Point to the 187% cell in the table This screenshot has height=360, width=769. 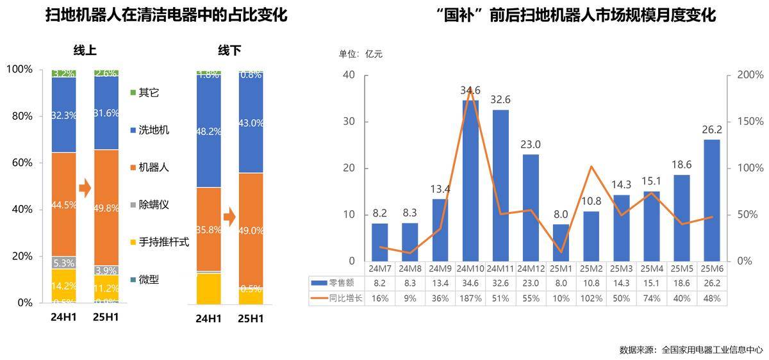click(x=470, y=299)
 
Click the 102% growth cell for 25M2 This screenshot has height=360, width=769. click(x=590, y=299)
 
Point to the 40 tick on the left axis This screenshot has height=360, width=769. click(x=349, y=75)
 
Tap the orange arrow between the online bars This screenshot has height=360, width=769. click(x=85, y=188)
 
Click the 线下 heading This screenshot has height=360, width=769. click(x=229, y=51)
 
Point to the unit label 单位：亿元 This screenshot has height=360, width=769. click(x=360, y=54)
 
